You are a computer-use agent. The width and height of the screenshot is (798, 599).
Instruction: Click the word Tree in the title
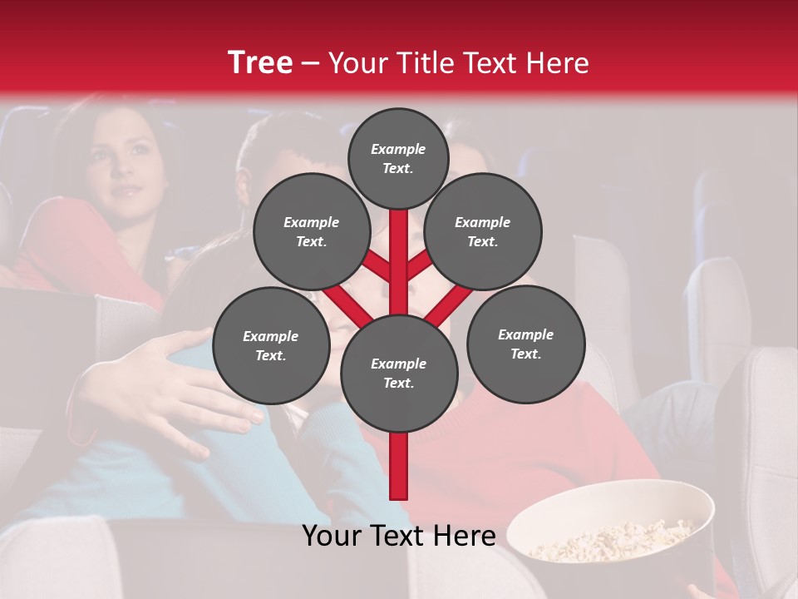pos(260,62)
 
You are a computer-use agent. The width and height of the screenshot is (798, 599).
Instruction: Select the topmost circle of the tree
pos(398,158)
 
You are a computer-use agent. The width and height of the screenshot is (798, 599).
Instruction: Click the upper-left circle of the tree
pos(312,231)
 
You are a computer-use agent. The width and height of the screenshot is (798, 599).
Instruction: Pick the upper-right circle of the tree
pos(483,231)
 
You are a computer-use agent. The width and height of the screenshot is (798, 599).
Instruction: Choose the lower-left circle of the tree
pos(271,345)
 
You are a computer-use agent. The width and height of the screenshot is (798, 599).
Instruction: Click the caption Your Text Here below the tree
pos(399,537)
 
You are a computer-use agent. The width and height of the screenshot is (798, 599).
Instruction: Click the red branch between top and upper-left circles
pos(377,267)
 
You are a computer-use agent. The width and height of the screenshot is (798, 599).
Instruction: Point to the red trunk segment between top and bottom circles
pos(399,266)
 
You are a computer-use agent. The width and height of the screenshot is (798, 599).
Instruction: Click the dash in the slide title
pos(310,63)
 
